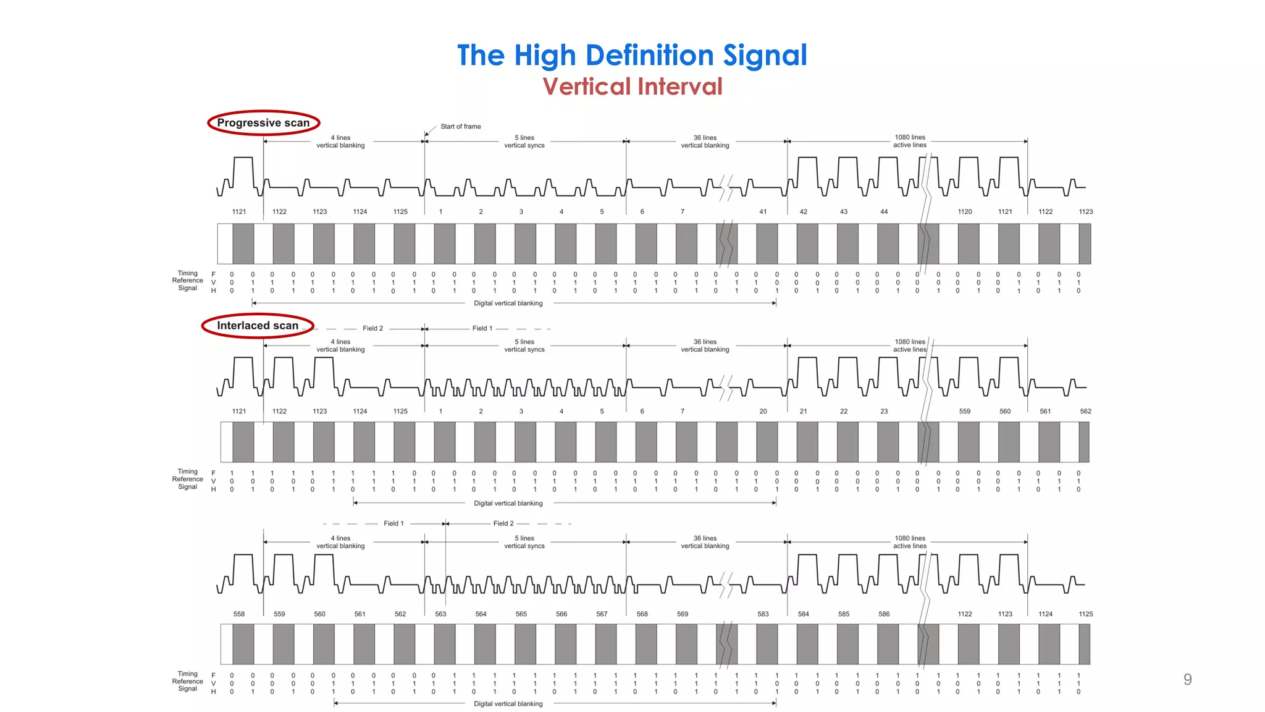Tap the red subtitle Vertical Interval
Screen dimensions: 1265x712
click(632, 87)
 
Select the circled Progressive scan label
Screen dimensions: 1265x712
click(263, 123)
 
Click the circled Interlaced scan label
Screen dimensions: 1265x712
click(258, 326)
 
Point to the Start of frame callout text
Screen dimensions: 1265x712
click(460, 127)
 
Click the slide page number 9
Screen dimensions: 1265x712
click(1187, 679)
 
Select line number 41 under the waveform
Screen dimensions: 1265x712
click(763, 212)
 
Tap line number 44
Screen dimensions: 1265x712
click(884, 212)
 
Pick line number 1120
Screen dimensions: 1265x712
click(965, 212)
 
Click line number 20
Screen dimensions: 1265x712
click(763, 412)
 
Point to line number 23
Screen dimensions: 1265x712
click(884, 412)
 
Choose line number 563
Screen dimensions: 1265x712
click(440, 614)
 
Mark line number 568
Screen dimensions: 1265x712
click(642, 614)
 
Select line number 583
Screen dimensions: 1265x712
click(763, 614)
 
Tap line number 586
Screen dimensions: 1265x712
click(884, 614)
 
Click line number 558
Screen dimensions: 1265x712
click(239, 614)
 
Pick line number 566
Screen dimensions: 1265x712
click(561, 614)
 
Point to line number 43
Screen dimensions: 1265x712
click(844, 212)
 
